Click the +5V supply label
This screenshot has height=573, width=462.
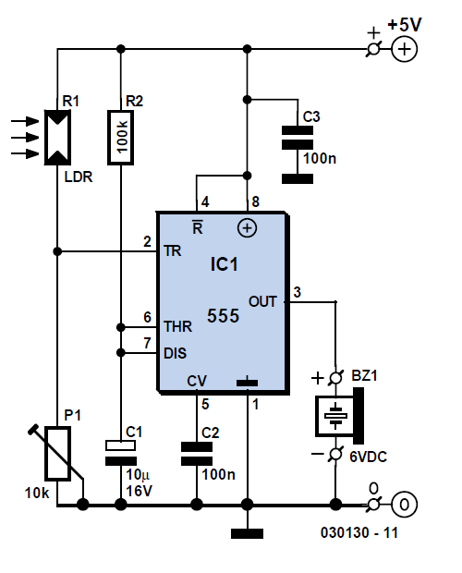(x=405, y=24)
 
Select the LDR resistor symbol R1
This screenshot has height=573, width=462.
(x=57, y=138)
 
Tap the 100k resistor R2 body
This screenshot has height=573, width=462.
(x=120, y=138)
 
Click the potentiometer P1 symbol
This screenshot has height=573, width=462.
(x=57, y=453)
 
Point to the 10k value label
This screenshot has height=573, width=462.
(x=37, y=493)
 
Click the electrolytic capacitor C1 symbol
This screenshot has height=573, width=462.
(x=121, y=453)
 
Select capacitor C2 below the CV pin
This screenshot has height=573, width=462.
(x=197, y=454)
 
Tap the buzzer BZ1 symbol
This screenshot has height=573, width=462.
(x=340, y=416)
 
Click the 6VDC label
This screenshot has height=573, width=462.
(x=368, y=457)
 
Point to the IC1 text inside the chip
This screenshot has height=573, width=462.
(x=224, y=264)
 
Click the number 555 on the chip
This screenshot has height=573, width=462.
(x=224, y=316)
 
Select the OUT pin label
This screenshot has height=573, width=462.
(x=262, y=301)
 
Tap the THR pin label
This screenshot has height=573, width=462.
(x=177, y=326)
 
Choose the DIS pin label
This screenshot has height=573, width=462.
(x=176, y=353)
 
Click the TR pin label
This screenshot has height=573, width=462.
(x=173, y=251)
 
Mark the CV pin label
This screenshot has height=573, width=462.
(x=197, y=381)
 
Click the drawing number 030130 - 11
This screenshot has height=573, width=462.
(x=359, y=533)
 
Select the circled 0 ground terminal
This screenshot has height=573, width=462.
(x=404, y=505)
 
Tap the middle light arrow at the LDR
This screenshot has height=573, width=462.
(x=25, y=138)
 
